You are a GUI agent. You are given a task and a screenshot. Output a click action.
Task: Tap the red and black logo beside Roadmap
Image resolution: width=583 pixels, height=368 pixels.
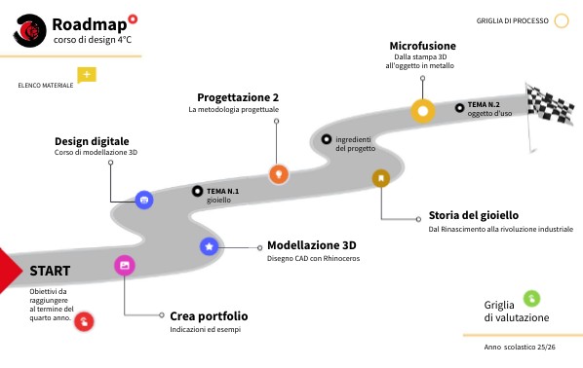(30, 31)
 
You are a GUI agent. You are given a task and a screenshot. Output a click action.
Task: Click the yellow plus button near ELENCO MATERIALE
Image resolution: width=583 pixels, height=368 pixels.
(87, 75)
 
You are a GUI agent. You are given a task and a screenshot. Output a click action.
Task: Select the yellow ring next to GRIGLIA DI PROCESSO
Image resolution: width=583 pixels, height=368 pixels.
(562, 19)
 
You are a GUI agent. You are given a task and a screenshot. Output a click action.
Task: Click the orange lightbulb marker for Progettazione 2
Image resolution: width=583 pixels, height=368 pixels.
(279, 173)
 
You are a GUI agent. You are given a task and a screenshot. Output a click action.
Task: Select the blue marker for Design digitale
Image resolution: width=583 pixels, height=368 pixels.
(144, 199)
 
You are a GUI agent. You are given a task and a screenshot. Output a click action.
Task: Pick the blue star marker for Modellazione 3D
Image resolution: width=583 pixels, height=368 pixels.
(209, 246)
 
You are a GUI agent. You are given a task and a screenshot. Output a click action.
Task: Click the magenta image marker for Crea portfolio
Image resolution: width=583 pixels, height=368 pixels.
(124, 265)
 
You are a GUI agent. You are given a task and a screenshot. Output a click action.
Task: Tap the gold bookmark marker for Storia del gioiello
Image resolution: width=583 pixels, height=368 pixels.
(380, 177)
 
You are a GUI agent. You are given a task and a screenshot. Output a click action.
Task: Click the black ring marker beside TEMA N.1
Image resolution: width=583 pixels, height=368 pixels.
(198, 191)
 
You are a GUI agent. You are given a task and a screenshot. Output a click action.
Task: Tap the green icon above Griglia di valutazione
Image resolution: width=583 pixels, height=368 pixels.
(531, 298)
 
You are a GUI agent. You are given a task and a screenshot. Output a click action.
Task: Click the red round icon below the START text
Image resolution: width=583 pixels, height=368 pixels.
(85, 319)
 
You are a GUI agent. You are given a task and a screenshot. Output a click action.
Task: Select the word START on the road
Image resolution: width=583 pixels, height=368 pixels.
(49, 270)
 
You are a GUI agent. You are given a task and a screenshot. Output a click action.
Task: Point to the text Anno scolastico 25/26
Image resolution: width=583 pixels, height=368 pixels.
(520, 348)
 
